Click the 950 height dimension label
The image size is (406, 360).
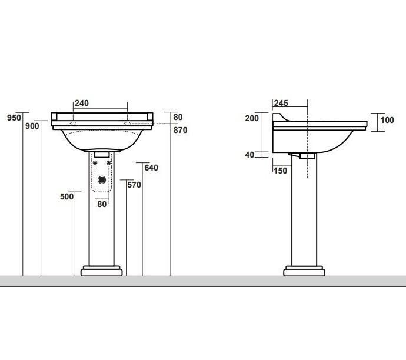[x=14, y=118]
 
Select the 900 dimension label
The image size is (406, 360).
[x=32, y=126]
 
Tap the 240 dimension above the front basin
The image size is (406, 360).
[x=82, y=103]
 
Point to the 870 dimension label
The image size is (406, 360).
[x=180, y=130]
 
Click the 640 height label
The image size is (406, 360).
[x=151, y=168]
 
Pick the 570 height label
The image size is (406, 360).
[x=134, y=185]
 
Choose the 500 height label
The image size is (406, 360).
[x=67, y=196]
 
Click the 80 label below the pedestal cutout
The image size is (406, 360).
[x=102, y=204]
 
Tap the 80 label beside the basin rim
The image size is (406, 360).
[x=178, y=117]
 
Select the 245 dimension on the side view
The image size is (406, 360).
[x=281, y=103]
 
